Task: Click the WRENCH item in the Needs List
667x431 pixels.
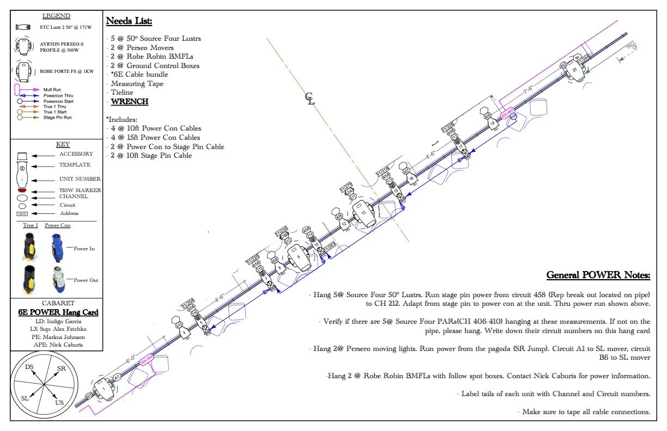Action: (x=130, y=102)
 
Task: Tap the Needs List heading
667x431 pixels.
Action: (x=129, y=21)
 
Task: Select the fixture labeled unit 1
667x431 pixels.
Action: (x=103, y=389)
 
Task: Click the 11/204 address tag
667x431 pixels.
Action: (x=189, y=301)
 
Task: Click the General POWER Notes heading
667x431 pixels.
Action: (x=598, y=275)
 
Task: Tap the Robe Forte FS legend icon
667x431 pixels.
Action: (x=22, y=71)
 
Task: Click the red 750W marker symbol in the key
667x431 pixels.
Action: (x=22, y=191)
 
